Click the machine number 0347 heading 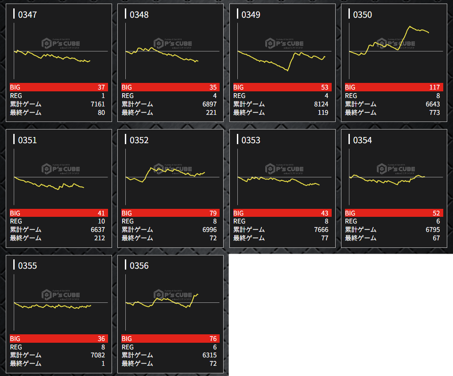27,15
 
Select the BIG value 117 434,87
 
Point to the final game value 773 434,113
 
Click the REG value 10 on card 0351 101,221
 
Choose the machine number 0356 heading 139,266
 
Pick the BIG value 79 213,213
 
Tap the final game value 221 211,113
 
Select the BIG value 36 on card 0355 101,339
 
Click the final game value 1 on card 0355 103,364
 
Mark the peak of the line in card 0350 410,27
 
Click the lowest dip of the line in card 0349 288,70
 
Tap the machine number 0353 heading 251,141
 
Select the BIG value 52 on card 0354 436,213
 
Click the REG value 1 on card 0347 103,96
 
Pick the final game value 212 100,238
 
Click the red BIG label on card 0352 127,213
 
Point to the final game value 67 436,238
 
